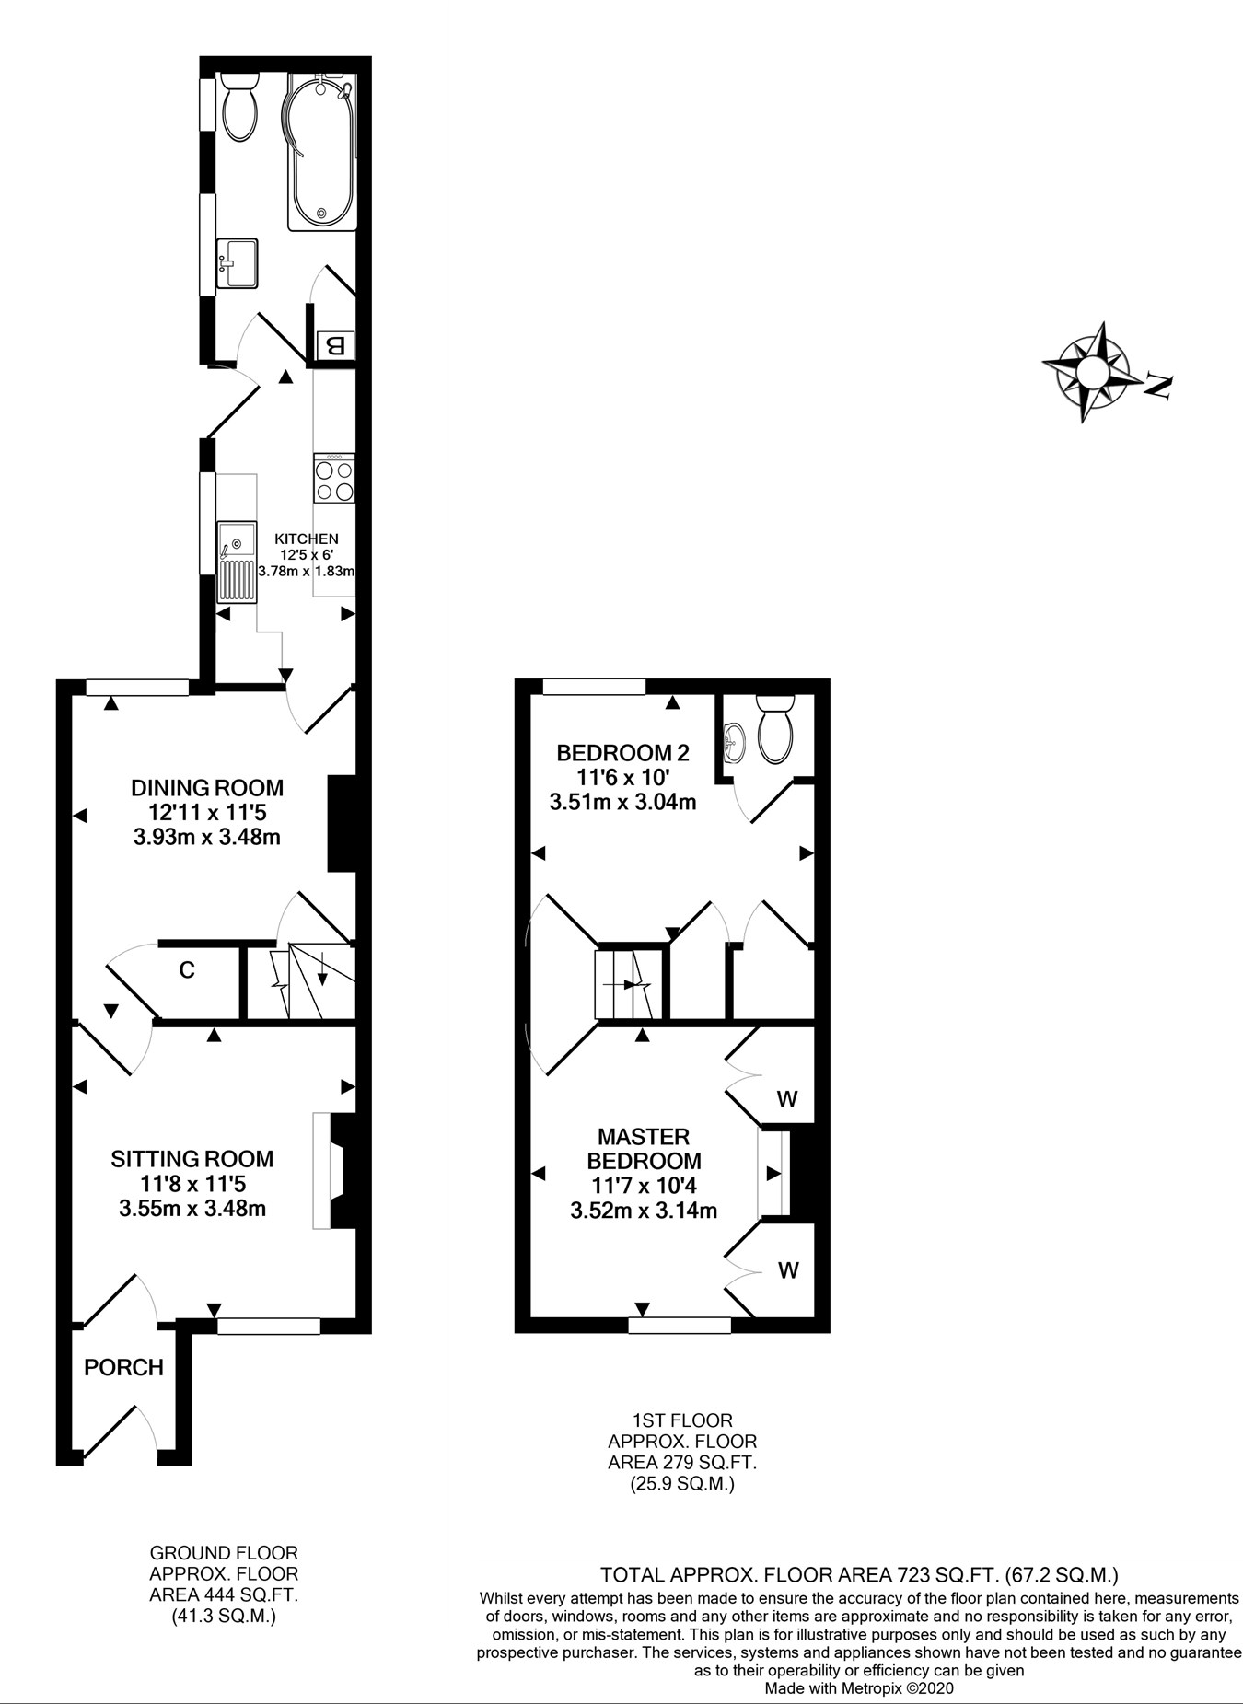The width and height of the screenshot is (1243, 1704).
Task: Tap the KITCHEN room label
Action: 307,539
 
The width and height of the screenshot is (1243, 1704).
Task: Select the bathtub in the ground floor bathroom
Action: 321,152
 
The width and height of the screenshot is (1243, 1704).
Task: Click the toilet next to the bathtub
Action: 240,107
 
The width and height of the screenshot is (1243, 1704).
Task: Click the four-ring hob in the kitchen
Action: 334,479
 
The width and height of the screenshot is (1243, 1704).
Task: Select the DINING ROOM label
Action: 207,787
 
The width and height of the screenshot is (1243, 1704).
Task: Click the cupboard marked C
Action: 187,969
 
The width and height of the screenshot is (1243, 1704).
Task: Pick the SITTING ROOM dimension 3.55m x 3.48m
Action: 192,1208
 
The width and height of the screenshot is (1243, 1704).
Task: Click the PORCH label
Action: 123,1367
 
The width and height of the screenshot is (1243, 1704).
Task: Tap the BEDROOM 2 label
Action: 622,752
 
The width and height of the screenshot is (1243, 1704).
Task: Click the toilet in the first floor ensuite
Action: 775,728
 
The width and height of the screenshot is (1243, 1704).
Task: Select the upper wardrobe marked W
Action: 786,1098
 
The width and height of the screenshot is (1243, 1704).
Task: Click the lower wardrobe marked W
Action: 787,1270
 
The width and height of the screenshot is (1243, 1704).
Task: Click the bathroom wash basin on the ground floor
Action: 238,263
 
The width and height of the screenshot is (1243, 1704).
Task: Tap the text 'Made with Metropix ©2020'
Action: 859,1688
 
